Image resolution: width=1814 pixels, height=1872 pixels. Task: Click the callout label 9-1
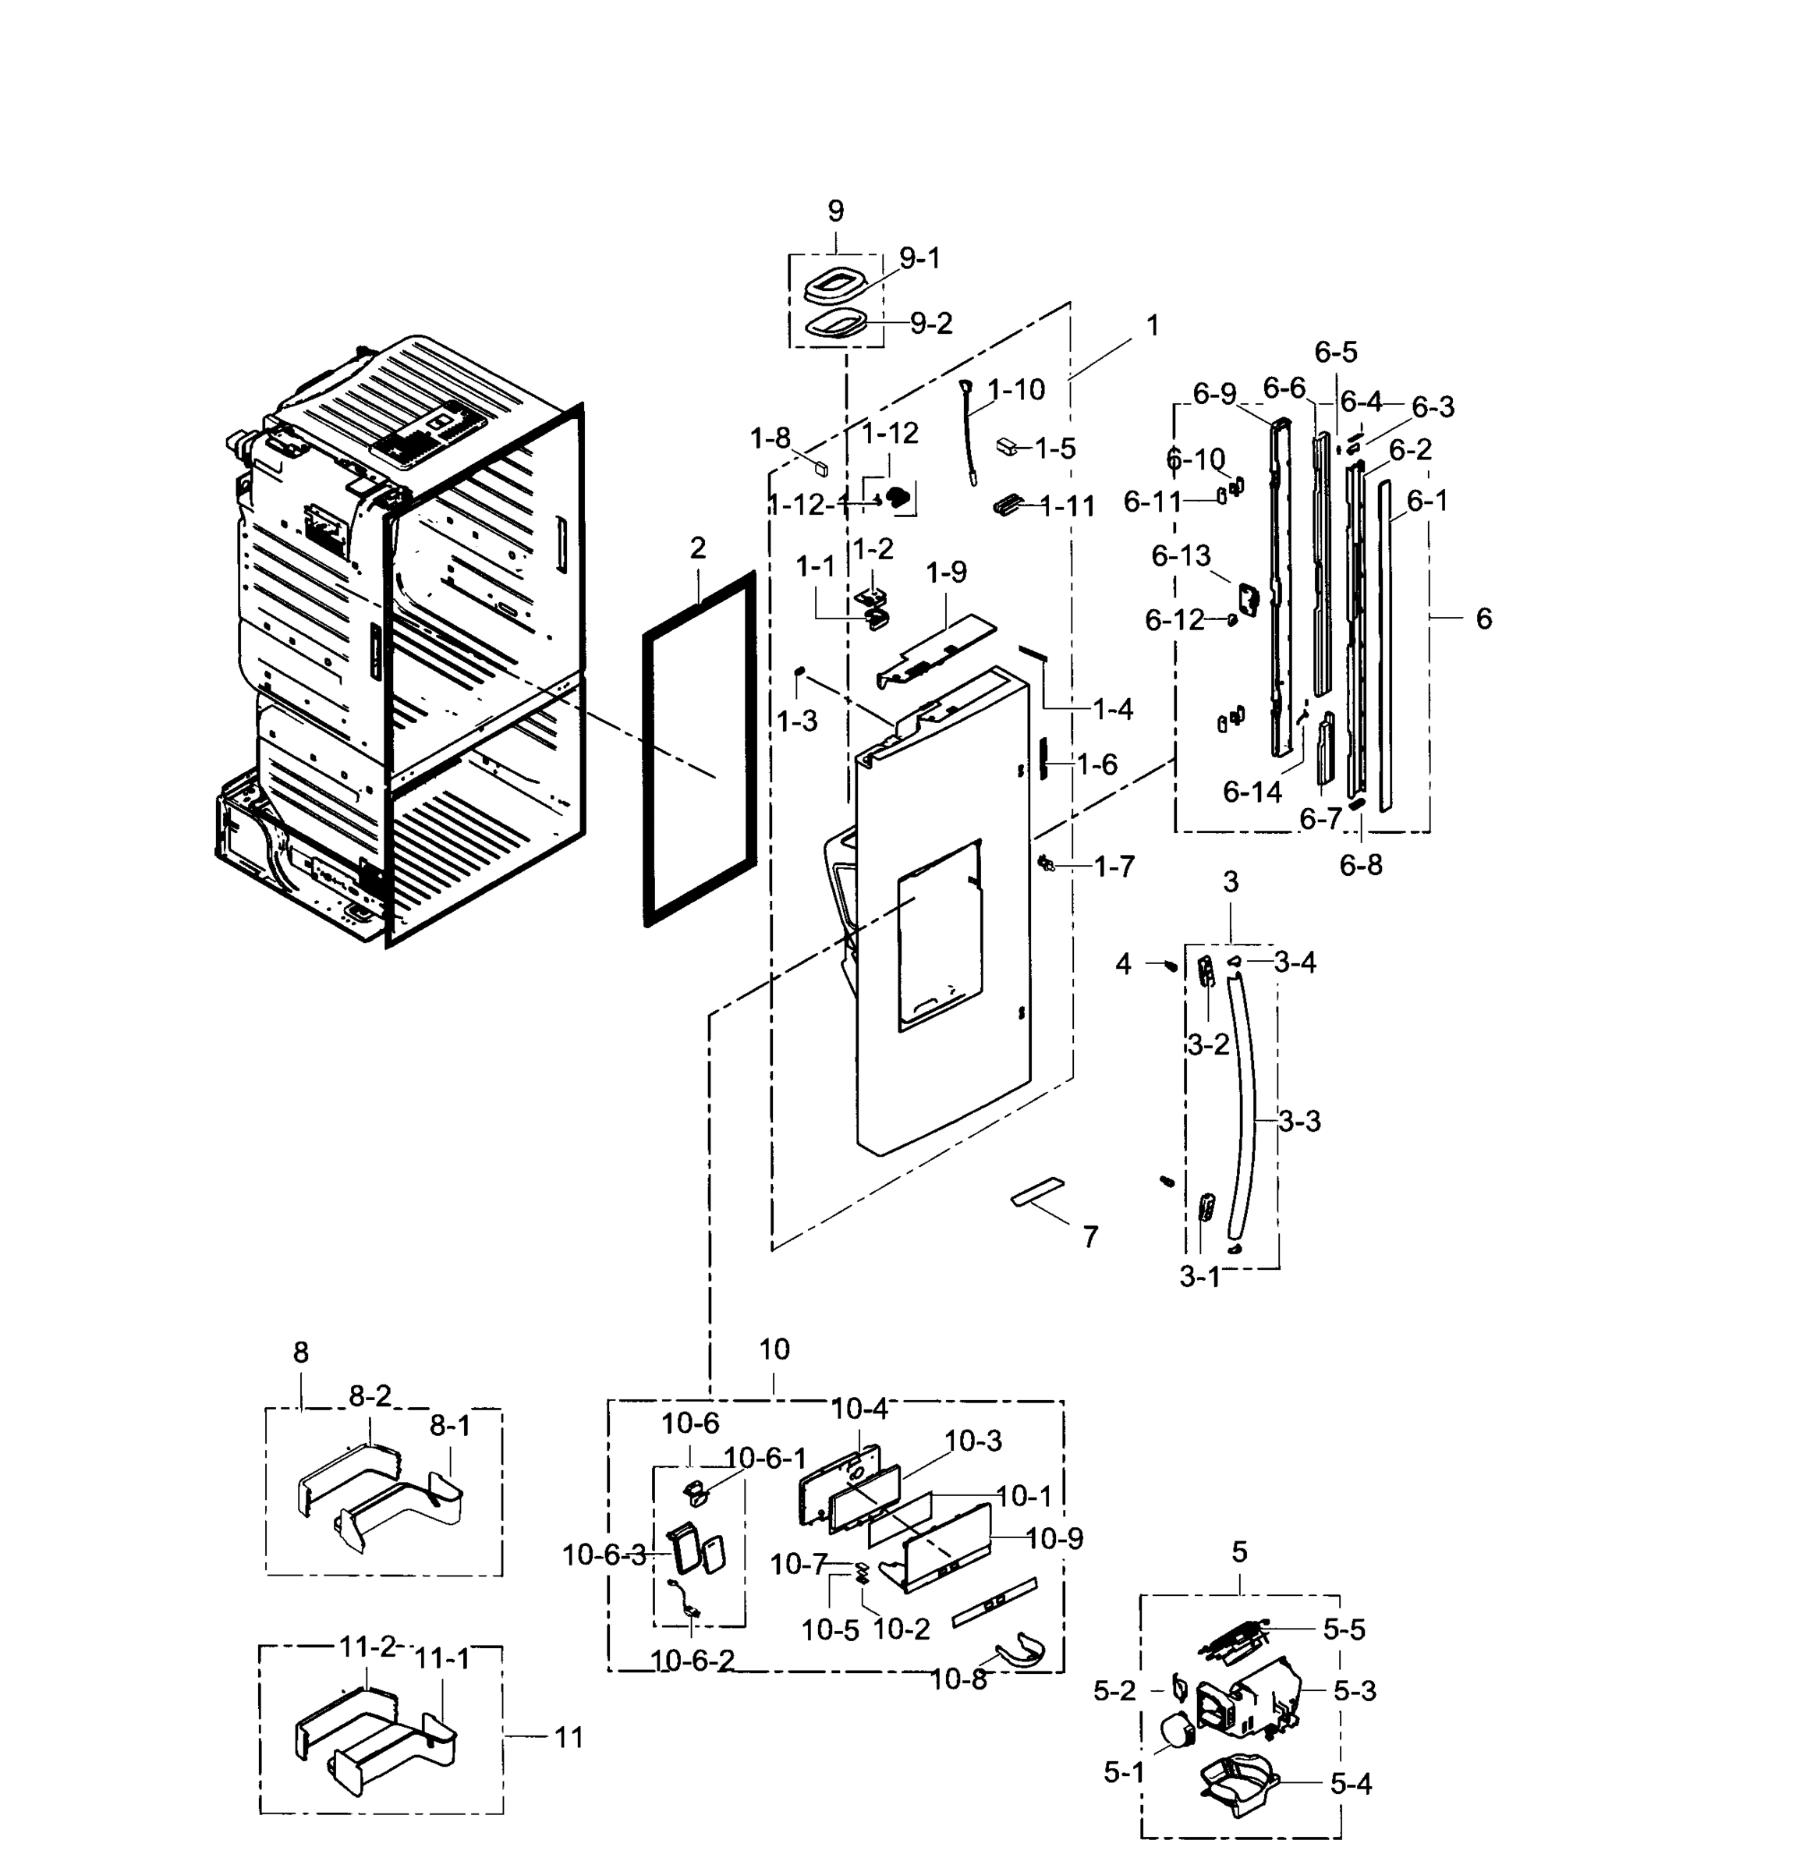[919, 258]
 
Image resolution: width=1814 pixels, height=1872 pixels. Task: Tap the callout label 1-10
[1016, 390]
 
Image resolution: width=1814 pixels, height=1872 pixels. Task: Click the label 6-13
[1180, 556]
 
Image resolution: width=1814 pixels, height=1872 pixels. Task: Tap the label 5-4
[1350, 1783]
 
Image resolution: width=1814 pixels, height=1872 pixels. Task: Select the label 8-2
[370, 1396]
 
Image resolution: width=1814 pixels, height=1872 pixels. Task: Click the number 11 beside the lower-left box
[569, 1737]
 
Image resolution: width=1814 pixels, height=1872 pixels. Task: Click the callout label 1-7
[1113, 867]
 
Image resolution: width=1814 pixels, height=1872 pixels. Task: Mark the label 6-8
[1359, 865]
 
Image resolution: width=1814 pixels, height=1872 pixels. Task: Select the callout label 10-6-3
[604, 1555]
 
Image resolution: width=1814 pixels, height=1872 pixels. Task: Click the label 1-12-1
[809, 505]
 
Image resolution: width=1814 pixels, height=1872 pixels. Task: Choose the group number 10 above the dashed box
[774, 1349]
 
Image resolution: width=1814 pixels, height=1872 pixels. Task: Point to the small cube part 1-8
[820, 467]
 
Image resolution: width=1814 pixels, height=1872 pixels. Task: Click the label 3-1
[1199, 1277]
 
